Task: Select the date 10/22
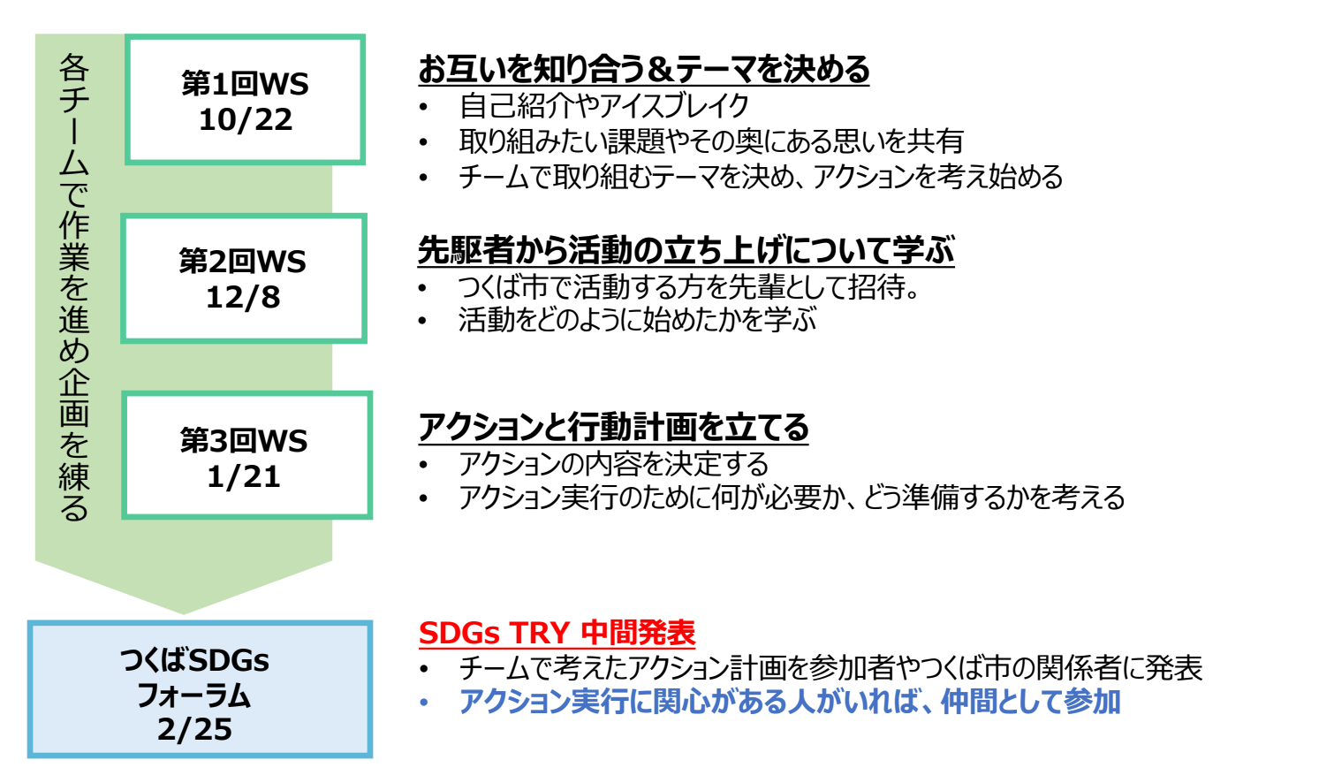(x=245, y=119)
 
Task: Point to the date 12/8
(x=243, y=297)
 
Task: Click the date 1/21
(x=244, y=477)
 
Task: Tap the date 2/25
(x=194, y=729)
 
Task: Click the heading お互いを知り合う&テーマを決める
(x=643, y=69)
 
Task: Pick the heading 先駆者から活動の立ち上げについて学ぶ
(x=686, y=250)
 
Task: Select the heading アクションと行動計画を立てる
(x=613, y=427)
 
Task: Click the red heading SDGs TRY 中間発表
(x=557, y=633)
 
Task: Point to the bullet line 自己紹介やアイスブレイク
(x=603, y=106)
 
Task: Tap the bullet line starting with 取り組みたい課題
(x=710, y=141)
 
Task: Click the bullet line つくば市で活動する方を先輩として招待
(x=689, y=286)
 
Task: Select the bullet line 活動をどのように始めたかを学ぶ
(x=637, y=319)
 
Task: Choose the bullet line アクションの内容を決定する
(x=613, y=463)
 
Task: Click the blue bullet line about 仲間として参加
(x=789, y=702)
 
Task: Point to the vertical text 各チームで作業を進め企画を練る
(x=74, y=287)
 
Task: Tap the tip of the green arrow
(x=184, y=612)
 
